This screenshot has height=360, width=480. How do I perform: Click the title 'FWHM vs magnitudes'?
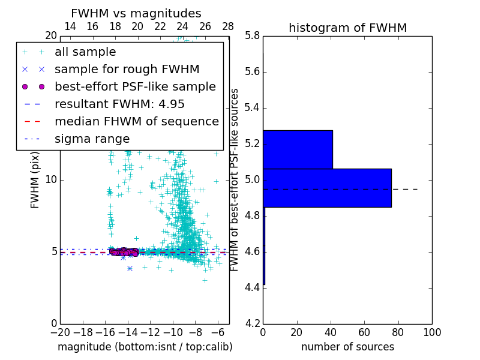[136, 14]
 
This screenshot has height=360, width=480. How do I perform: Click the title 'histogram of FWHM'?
[347, 28]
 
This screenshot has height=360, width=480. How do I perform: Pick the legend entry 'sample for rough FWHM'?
[127, 70]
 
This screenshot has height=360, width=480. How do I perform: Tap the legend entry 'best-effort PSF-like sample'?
[135, 87]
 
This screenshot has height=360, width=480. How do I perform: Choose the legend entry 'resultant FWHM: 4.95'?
[119, 104]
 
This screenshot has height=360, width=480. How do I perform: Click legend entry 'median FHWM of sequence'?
[136, 122]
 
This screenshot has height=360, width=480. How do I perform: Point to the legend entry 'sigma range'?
[92, 139]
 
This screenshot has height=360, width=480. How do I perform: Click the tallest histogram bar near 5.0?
[327, 188]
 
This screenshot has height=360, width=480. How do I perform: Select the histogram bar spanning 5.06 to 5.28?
[298, 149]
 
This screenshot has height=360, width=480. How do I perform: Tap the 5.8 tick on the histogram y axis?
[253, 36]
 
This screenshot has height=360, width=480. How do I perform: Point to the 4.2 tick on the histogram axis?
[253, 323]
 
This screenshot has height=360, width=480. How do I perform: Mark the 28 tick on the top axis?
[228, 26]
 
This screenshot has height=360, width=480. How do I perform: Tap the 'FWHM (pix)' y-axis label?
[35, 179]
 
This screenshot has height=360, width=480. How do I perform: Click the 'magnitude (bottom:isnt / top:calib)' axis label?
[145, 347]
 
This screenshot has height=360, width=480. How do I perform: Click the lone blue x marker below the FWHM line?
[130, 268]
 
